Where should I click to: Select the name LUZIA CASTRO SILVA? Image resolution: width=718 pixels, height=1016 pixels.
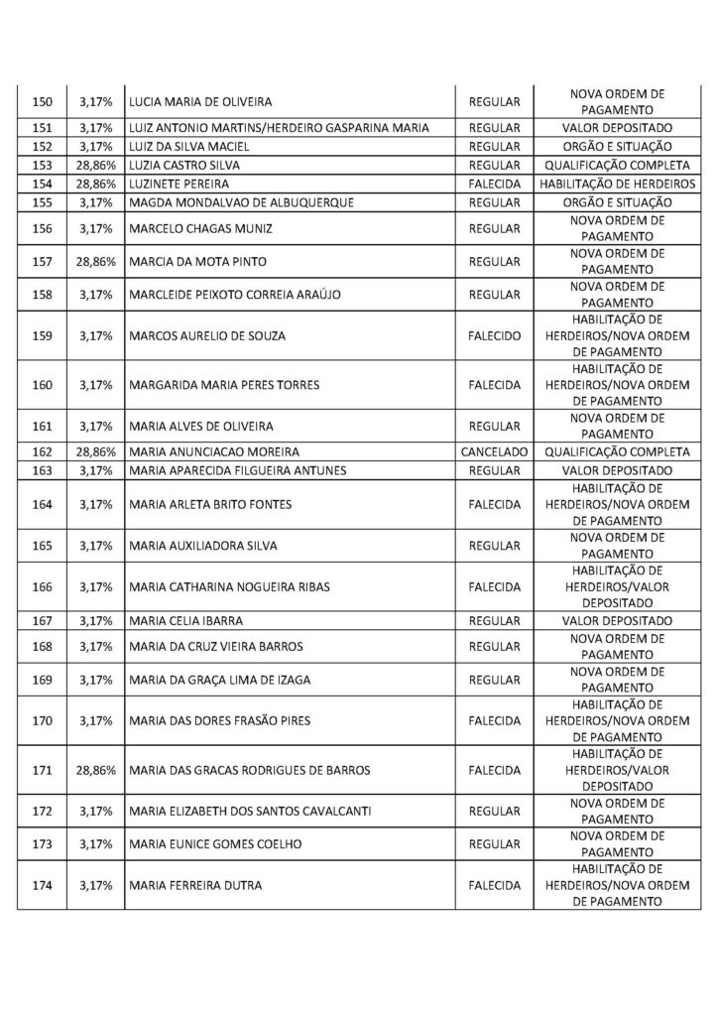(x=184, y=165)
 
